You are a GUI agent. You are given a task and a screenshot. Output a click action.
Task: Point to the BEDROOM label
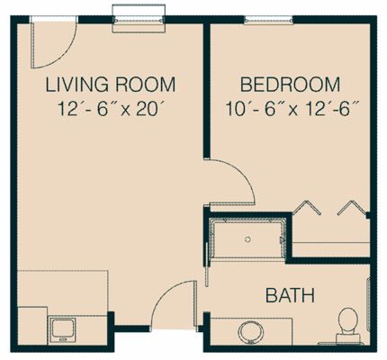pyautogui.click(x=290, y=86)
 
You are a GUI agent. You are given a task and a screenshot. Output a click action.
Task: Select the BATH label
pyautogui.click(x=287, y=294)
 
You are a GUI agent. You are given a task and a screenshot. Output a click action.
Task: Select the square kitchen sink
pyautogui.click(x=63, y=328)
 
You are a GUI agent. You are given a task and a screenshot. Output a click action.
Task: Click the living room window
pyautogui.click(x=139, y=15)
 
